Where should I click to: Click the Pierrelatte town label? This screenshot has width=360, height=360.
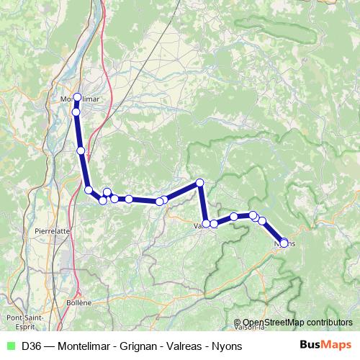[x=52, y=231]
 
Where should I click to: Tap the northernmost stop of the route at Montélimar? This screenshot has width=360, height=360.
[x=77, y=96]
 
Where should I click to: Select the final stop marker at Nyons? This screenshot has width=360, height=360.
[x=284, y=243]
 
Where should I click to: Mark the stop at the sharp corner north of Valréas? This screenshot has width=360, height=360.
[x=200, y=183]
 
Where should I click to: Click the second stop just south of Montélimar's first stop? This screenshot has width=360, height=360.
[x=76, y=112]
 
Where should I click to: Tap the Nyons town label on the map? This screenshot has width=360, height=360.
[x=285, y=243]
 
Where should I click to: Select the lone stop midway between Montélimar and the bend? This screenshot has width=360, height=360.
[x=81, y=150]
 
